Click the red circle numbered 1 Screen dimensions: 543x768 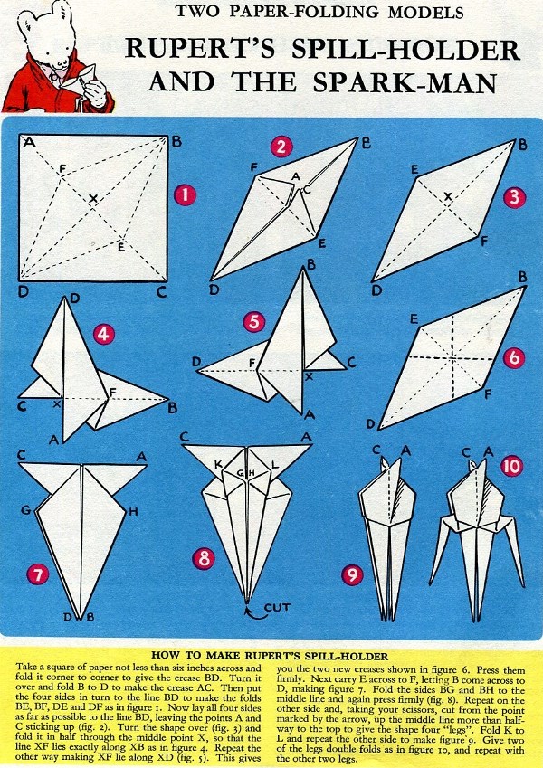[x=185, y=195]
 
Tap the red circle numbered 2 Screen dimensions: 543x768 [x=281, y=147]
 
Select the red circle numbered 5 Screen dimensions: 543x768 [x=254, y=322]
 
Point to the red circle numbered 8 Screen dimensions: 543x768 [x=204, y=559]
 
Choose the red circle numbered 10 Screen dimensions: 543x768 [x=511, y=466]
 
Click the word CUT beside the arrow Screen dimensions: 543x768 [x=277, y=607]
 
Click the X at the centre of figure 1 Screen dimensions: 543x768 [x=93, y=198]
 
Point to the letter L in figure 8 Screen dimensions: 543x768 [x=275, y=463]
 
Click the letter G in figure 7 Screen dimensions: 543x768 [x=26, y=510]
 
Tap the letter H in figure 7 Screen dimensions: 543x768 [x=133, y=512]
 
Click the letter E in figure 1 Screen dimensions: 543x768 [x=121, y=247]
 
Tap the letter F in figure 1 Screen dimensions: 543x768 [x=62, y=169]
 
